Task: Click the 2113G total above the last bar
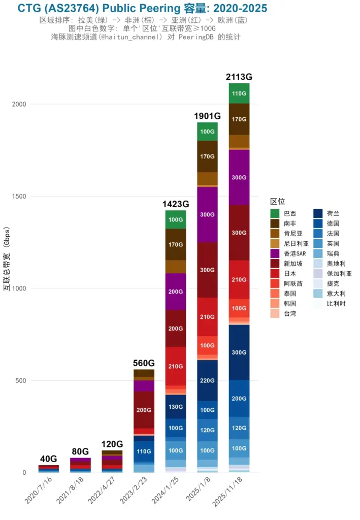[x=239, y=77]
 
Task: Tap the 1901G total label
[x=207, y=116]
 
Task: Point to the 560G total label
[x=144, y=363]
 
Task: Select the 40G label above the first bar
[x=49, y=459]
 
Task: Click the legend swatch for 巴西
[x=275, y=213]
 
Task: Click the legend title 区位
[x=277, y=202]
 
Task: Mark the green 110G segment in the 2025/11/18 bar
[x=239, y=93]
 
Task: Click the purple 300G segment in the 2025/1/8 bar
[x=207, y=214]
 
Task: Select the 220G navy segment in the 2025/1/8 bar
[x=207, y=380]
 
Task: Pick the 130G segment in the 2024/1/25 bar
[x=176, y=407]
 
